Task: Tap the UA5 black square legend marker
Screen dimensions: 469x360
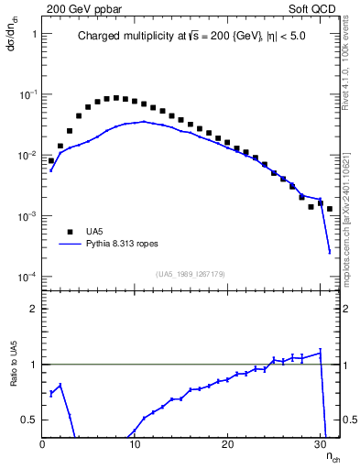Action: coord(69,232)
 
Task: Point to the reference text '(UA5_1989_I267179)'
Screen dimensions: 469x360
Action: coord(191,273)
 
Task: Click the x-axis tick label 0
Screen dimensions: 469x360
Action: coord(42,444)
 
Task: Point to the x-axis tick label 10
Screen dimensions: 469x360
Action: coord(135,444)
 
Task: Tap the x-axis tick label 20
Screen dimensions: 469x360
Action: coord(227,444)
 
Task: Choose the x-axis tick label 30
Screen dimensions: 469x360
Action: coord(320,444)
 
